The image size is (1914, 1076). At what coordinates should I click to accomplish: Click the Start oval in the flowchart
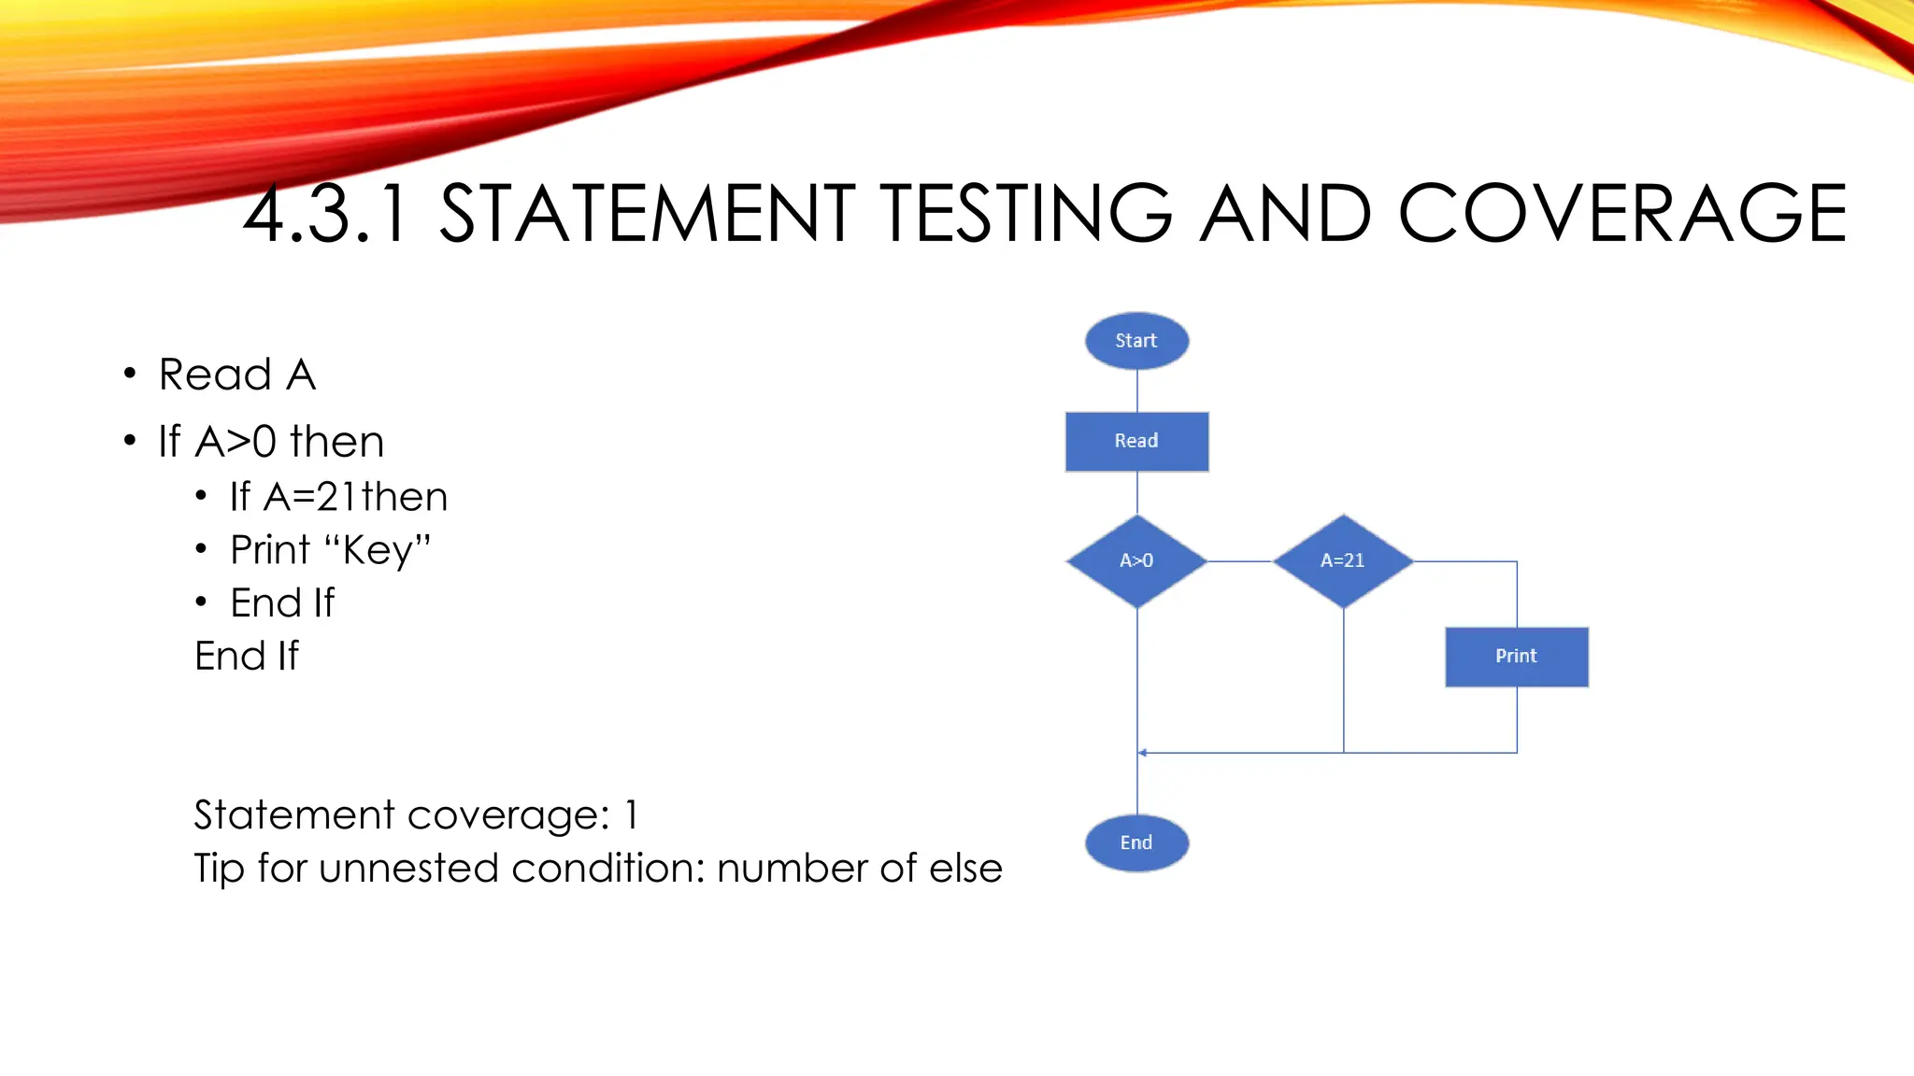(1136, 341)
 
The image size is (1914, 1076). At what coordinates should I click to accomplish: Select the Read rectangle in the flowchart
(1136, 441)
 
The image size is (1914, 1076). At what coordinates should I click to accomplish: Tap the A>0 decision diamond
(1136, 560)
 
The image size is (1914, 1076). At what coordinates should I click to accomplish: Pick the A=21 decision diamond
(1343, 560)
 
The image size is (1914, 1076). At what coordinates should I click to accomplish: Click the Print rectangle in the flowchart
(1516, 657)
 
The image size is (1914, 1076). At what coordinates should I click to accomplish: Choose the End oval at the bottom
(1136, 842)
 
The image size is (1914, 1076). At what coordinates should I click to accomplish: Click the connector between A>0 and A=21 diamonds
(1240, 561)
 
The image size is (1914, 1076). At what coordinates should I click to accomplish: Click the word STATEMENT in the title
(647, 214)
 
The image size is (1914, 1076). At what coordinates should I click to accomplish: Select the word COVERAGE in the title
(1621, 214)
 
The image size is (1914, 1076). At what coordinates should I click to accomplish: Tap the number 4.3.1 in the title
(325, 214)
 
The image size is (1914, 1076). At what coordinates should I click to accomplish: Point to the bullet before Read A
(130, 375)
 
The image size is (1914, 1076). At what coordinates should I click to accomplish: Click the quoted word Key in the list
(378, 550)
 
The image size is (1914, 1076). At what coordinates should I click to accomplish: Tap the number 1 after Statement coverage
(633, 815)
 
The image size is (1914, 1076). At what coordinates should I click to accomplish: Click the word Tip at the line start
(219, 869)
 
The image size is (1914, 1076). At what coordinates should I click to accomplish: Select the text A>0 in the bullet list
(236, 441)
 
